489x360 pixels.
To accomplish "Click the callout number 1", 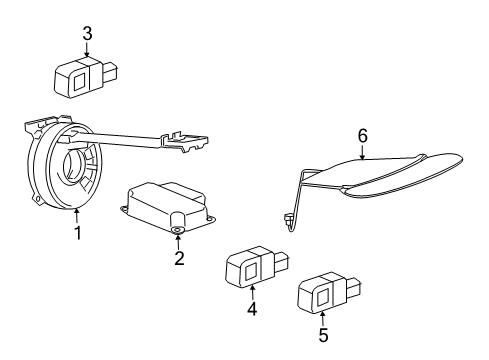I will tap(75, 233).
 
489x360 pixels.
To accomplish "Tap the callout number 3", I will tap(87, 34).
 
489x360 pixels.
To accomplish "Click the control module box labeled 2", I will tap(167, 208).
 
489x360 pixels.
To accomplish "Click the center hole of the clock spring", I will tap(76, 164).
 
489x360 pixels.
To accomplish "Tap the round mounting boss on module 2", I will tap(178, 230).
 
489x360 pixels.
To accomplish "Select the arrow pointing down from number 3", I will tap(87, 49).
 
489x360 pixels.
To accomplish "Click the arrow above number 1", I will tap(76, 215).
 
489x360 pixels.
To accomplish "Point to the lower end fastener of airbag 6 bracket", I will tap(288, 216).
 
